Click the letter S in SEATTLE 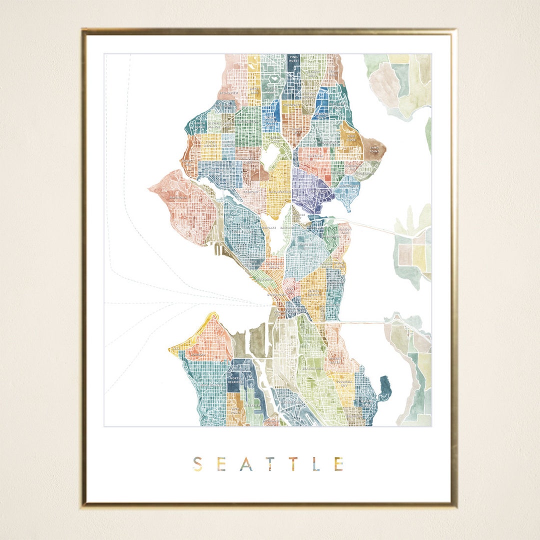(197, 464)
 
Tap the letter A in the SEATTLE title (245, 464)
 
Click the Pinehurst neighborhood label (293, 61)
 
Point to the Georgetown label (291, 401)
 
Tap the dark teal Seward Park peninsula (385, 388)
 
